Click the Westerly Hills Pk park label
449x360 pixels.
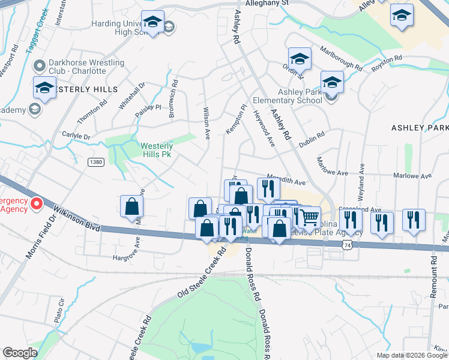click(157, 150)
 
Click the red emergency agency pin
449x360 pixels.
click(36, 204)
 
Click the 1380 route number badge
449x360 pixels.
click(95, 162)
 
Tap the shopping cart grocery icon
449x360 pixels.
click(309, 217)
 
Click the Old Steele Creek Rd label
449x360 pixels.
click(202, 274)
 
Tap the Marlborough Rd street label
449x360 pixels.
click(341, 58)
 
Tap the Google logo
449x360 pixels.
click(20, 352)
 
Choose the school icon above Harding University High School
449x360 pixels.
click(152, 23)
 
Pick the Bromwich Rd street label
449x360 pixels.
click(173, 100)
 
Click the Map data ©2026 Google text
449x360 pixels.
click(411, 355)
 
